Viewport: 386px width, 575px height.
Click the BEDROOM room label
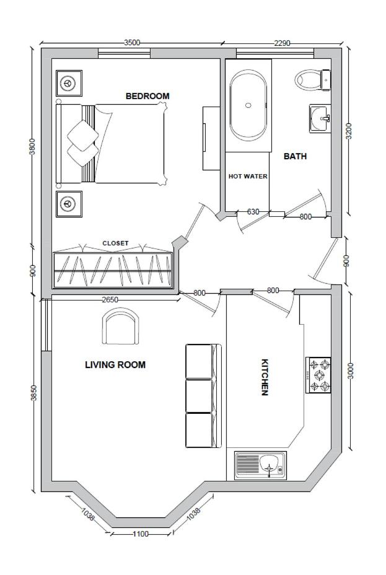147,96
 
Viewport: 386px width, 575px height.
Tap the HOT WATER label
248,177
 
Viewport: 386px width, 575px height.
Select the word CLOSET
115,243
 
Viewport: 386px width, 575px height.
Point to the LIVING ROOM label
115,365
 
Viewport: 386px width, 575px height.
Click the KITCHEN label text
265,377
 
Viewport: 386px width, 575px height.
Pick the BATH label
295,156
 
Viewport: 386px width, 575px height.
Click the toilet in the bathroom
313,79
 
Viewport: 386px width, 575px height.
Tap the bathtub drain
248,105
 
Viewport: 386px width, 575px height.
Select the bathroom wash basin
320,118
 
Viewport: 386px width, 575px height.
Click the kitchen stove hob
318,375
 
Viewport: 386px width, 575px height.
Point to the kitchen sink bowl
270,465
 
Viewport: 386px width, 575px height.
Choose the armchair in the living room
121,326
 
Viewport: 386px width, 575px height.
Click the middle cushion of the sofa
199,396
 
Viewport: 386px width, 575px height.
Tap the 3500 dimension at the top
132,43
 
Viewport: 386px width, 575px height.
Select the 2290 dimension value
282,43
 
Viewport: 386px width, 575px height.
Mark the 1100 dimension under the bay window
141,534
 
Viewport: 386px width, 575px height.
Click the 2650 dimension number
110,300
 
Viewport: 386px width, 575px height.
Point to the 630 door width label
253,212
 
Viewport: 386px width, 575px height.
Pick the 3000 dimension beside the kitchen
351,371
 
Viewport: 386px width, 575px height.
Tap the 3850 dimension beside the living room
33,393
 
